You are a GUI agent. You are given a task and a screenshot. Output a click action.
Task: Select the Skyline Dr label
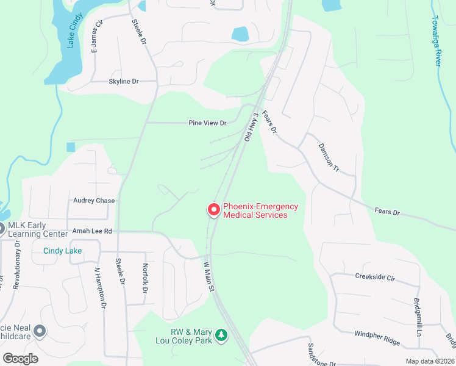point(124,81)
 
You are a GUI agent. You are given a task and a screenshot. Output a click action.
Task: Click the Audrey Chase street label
point(94,201)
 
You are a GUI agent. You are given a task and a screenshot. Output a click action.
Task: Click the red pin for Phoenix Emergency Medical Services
point(214,210)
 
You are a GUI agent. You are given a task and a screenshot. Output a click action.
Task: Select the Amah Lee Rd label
point(92,231)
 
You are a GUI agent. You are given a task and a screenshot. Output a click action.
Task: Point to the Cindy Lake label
point(62,251)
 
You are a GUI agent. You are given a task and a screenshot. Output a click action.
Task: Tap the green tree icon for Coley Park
point(222,335)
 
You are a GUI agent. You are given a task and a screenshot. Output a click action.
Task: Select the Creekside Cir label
point(375,277)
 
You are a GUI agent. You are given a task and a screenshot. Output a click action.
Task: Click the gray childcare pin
point(40,331)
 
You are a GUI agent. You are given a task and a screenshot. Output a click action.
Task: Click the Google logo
point(21,359)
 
